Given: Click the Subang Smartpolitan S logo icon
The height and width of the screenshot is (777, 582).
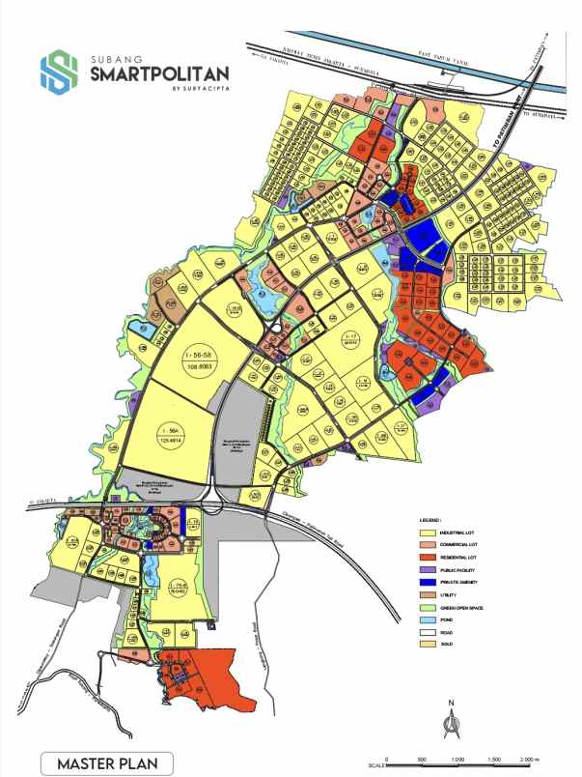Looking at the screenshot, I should (x=58, y=72).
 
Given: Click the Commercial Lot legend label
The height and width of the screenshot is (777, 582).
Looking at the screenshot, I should (x=461, y=546).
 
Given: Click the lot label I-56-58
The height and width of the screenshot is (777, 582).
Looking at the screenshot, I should (x=197, y=358).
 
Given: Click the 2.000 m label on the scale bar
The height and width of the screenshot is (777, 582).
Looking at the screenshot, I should (x=530, y=759).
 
